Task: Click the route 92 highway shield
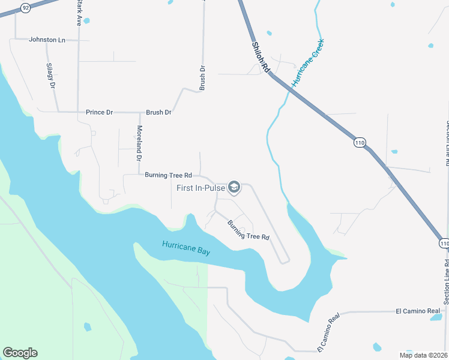(25, 7)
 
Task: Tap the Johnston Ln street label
(47, 40)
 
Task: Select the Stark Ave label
(78, 13)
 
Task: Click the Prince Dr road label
(100, 112)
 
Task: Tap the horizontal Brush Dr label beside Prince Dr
(158, 112)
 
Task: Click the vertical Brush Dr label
(202, 77)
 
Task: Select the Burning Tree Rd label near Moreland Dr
(168, 175)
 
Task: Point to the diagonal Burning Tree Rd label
(249, 230)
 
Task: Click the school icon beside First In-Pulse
(234, 188)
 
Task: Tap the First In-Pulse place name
(200, 188)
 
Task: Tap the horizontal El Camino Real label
(418, 311)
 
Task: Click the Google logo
(20, 353)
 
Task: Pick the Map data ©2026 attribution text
(423, 355)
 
